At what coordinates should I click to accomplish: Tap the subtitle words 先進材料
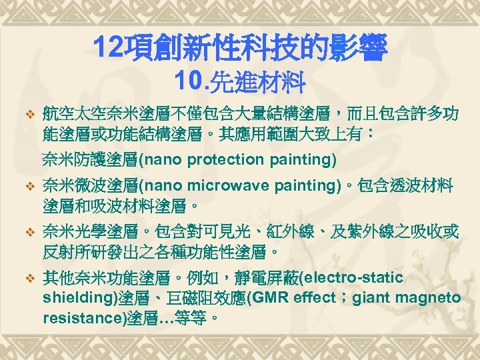coord(258,83)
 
